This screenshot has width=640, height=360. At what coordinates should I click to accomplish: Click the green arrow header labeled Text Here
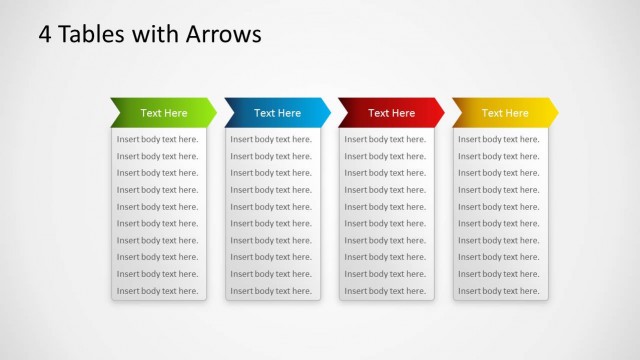tap(163, 113)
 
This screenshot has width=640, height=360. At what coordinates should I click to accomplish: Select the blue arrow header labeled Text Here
tap(277, 113)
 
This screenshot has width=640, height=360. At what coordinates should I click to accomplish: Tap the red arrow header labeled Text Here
tap(391, 113)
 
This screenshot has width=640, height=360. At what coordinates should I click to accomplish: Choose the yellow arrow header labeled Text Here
tap(505, 113)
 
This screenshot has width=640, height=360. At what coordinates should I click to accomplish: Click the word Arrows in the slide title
tap(223, 34)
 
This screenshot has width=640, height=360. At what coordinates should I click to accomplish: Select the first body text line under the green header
tap(157, 139)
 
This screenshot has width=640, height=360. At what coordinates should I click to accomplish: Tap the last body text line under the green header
tap(157, 291)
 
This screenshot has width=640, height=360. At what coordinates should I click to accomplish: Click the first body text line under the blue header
tap(271, 139)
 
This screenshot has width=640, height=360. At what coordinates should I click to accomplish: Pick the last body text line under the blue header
tap(271, 291)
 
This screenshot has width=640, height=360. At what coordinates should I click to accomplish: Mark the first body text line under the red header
tap(385, 139)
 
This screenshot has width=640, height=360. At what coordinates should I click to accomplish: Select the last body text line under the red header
tap(385, 291)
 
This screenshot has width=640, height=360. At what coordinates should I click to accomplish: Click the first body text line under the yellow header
tap(499, 139)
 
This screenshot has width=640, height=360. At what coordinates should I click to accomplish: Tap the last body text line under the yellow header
tap(499, 291)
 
